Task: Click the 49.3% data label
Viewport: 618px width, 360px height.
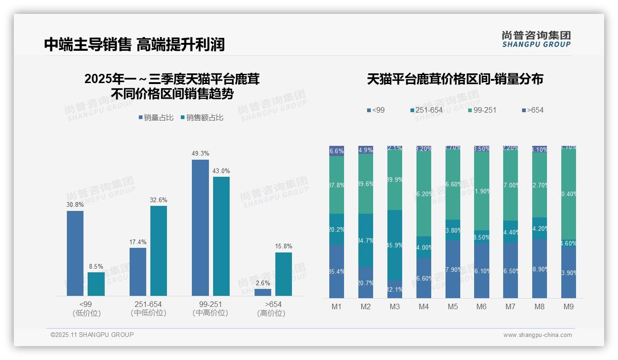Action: (200, 153)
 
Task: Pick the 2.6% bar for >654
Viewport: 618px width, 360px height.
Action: (263, 292)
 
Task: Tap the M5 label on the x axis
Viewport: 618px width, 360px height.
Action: (452, 306)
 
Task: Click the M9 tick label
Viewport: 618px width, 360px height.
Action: (569, 306)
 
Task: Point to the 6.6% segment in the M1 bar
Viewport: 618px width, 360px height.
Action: (337, 151)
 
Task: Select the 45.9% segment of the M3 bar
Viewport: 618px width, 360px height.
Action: (395, 245)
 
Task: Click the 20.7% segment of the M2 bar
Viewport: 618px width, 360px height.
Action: (366, 282)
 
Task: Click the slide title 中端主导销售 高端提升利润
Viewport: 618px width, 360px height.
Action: (134, 44)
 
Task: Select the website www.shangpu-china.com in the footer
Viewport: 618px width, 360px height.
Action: (537, 335)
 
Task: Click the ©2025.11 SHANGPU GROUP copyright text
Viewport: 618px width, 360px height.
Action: (92, 335)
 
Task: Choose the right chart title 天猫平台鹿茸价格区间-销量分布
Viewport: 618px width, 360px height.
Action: (455, 79)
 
